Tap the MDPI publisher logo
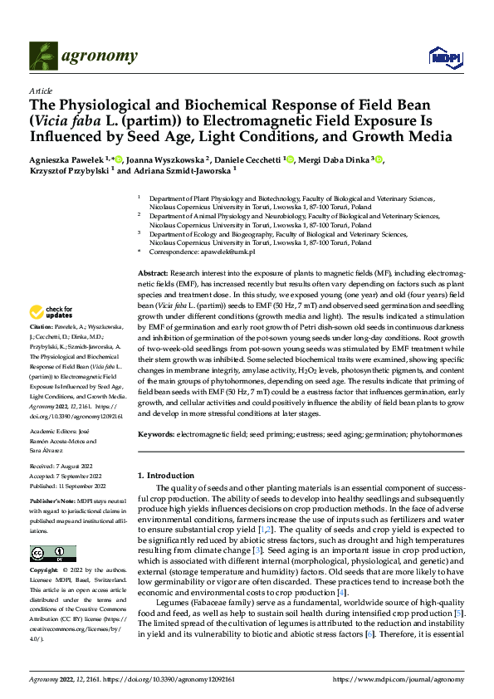click(x=443, y=56)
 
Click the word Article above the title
click(x=41, y=90)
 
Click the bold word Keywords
click(x=155, y=434)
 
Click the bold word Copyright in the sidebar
click(x=46, y=572)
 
